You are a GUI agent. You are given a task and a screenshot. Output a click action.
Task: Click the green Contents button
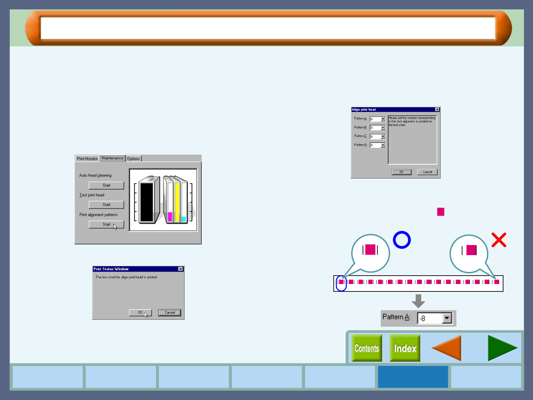coord(367,348)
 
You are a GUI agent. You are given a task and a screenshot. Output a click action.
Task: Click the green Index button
coord(405,348)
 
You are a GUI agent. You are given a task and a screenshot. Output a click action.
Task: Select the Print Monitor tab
coord(87,159)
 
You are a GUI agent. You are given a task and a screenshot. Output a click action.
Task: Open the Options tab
coord(133,159)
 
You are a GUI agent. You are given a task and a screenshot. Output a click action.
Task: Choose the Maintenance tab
coord(112,158)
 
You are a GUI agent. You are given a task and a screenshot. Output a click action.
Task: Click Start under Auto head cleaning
coord(106,185)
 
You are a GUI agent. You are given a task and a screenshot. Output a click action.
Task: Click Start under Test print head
coord(106,205)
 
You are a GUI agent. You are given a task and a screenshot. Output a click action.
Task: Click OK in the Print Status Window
coord(140,313)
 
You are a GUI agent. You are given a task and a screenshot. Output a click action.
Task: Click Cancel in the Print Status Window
coord(169,313)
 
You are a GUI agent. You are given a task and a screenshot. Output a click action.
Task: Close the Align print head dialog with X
coord(437,110)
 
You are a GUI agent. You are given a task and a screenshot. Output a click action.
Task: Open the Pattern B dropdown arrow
coord(383,128)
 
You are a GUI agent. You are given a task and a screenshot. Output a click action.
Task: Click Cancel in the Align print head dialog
coord(427,172)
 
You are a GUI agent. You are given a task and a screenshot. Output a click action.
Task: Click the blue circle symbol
coord(402,240)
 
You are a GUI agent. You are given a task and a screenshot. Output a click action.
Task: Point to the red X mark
coord(499,240)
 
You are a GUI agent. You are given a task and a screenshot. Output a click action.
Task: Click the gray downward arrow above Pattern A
coord(418,301)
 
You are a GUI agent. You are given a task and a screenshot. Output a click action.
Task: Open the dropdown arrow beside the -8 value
coord(447,318)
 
